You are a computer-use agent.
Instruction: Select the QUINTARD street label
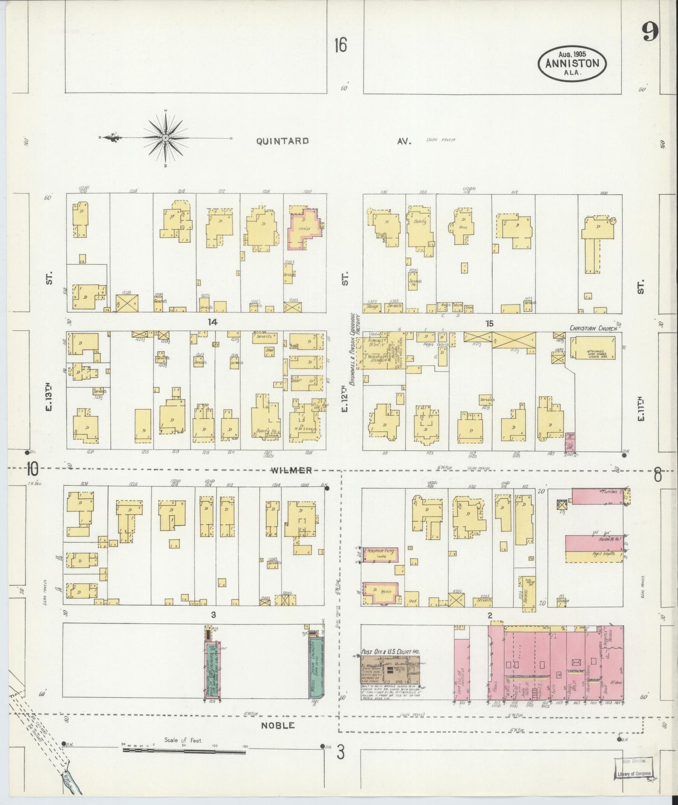coord(282,141)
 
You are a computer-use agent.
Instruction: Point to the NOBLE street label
coord(278,725)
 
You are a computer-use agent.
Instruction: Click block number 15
coord(489,323)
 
